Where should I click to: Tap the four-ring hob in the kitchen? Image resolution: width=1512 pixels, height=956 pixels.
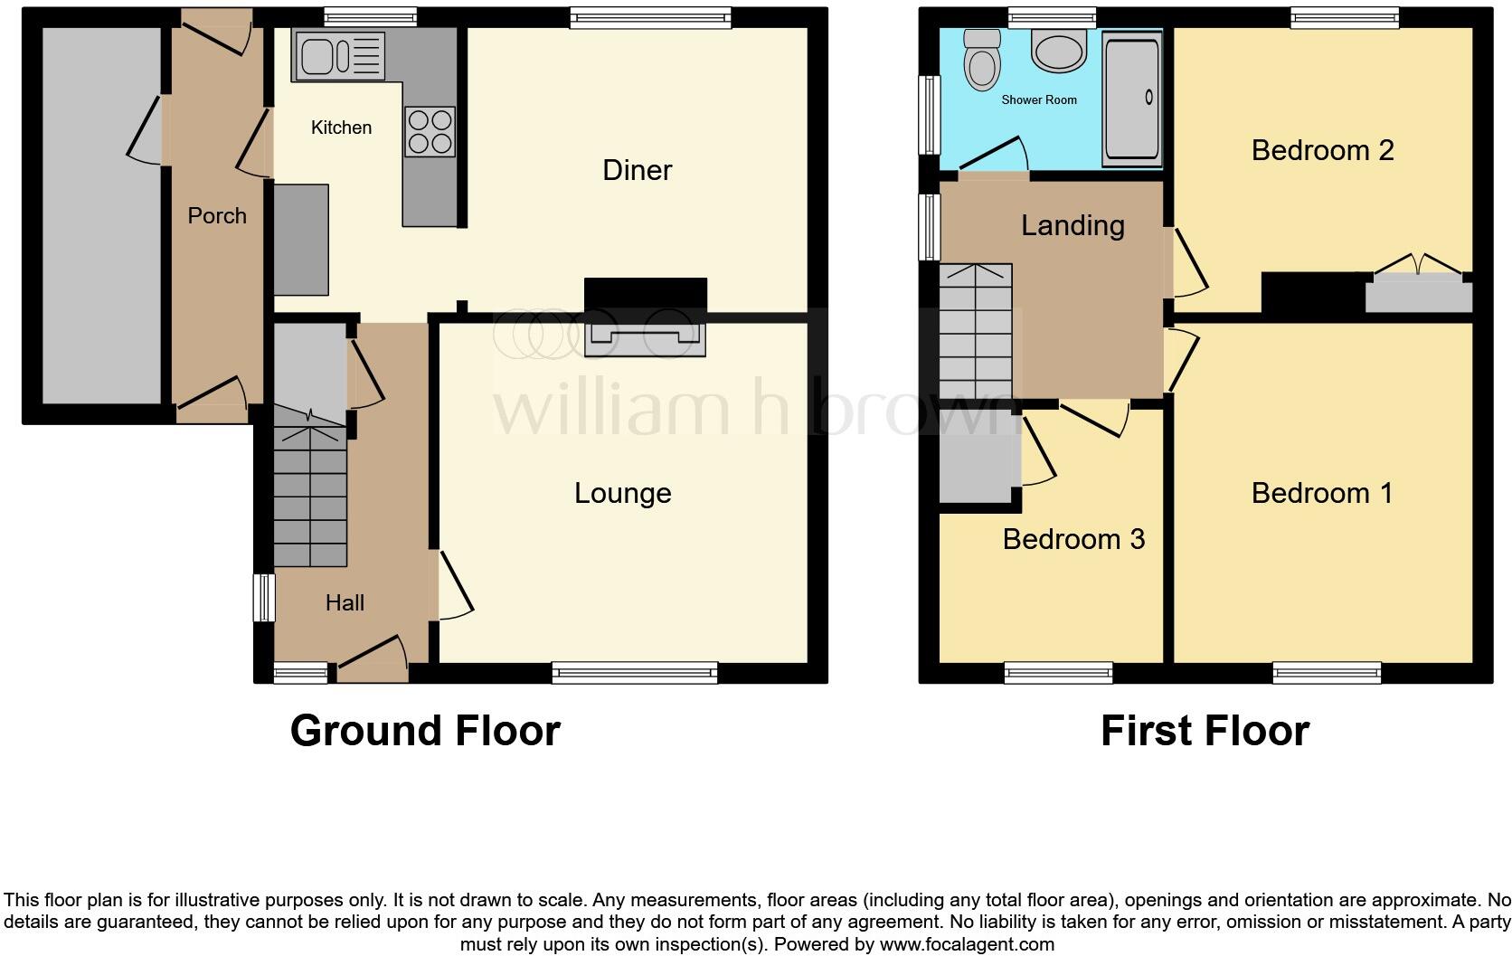tap(430, 132)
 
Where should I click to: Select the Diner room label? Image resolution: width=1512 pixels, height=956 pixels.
tap(637, 170)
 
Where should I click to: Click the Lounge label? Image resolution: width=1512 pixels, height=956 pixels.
tap(622, 493)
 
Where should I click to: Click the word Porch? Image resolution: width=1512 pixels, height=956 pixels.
tap(217, 216)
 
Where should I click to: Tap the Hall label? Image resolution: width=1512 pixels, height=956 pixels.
tap(345, 603)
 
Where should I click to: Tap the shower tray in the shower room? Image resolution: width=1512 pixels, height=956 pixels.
tap(1131, 99)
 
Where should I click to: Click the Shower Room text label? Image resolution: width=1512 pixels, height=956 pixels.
tap(1039, 99)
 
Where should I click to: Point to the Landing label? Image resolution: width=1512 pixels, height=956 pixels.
tap(1073, 225)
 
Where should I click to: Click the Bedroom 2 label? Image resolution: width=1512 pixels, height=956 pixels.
tap(1322, 150)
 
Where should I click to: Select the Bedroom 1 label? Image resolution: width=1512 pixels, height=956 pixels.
tap(1321, 493)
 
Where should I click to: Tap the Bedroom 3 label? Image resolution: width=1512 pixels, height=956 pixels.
tap(1073, 539)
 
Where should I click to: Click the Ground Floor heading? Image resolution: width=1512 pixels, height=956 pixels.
tap(425, 731)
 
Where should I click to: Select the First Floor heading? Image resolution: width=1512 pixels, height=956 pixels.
tap(1205, 731)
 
